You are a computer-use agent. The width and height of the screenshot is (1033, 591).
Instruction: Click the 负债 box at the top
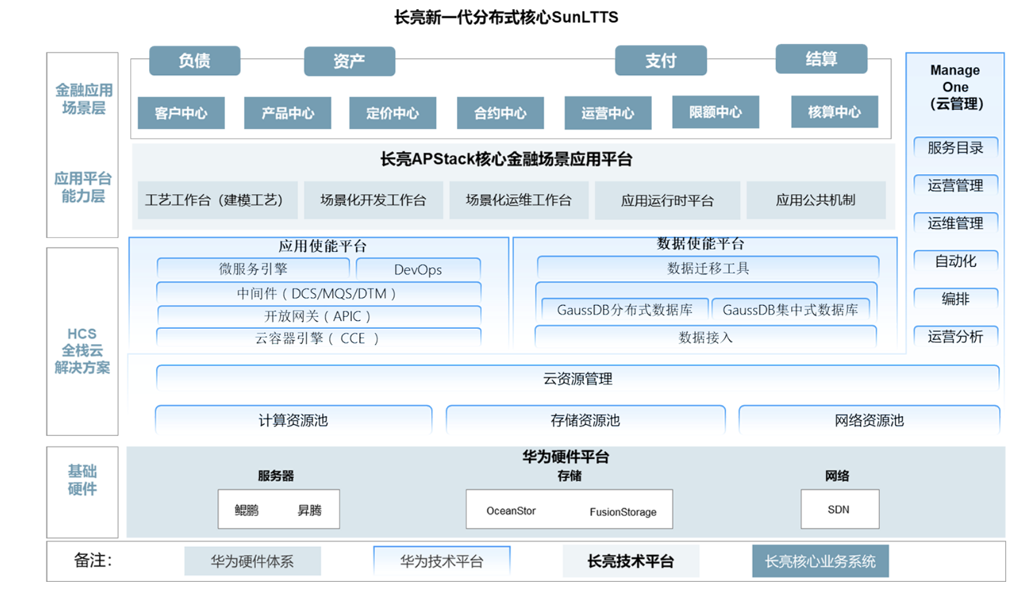[x=194, y=61]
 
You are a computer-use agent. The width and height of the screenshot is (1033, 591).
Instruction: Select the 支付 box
[x=660, y=61]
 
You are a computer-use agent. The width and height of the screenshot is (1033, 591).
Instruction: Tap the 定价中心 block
[x=392, y=113]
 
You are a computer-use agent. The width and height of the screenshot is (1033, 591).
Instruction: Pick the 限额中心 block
[x=715, y=112]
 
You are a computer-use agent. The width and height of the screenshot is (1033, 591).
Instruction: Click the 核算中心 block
[x=834, y=112]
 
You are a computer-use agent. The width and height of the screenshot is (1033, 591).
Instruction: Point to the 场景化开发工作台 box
[x=373, y=200]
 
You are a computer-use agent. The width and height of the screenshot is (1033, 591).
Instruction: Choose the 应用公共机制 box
[x=816, y=200]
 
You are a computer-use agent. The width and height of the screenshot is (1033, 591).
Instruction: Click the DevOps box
[x=418, y=270]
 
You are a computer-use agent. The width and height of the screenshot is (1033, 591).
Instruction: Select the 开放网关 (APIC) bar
[x=318, y=316]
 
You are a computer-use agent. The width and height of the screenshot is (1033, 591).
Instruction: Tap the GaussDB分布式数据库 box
[x=624, y=310]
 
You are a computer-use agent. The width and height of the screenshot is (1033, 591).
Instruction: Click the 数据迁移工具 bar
[x=707, y=268]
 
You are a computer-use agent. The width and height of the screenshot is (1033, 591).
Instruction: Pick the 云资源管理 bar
[x=577, y=379]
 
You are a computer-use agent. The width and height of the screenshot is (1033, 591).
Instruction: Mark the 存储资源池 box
[x=585, y=420]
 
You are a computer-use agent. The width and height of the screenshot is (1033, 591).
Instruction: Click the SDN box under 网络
[x=839, y=509]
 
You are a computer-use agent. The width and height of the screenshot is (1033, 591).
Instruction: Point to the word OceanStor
[x=511, y=511]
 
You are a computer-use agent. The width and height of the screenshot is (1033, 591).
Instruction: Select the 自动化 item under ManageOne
[x=955, y=262]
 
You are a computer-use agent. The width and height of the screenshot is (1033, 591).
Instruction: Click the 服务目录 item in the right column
[x=955, y=148]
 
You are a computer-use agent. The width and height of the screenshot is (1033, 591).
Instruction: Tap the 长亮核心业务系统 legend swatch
[x=820, y=561]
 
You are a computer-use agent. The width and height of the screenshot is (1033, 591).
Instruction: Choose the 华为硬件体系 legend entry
[x=252, y=561]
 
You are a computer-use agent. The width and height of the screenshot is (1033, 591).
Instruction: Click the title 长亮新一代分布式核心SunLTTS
[x=506, y=17]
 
